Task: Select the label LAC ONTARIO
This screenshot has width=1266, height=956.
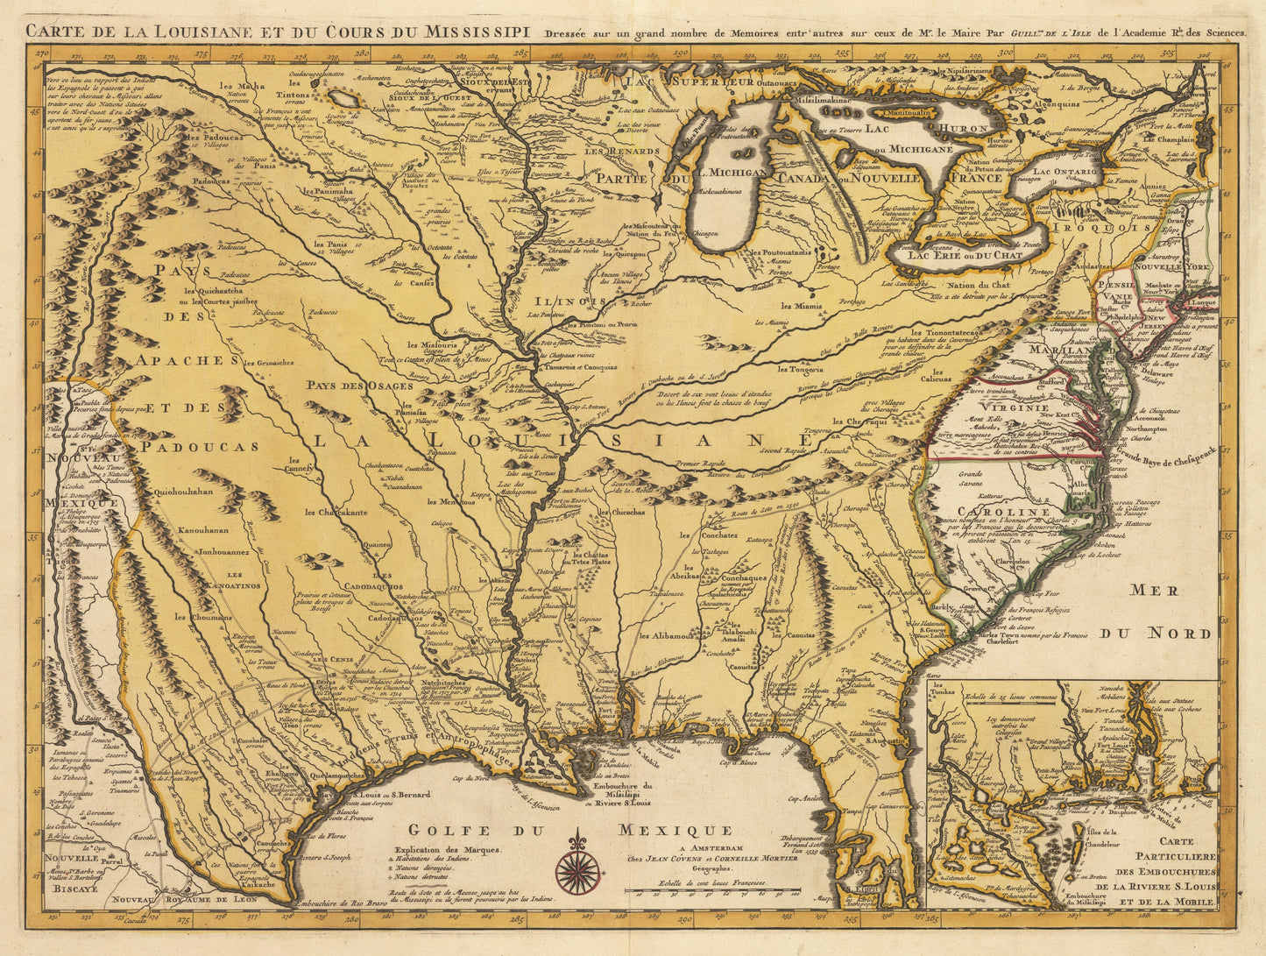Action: [1064, 172]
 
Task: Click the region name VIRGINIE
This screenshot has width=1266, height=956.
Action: [1015, 407]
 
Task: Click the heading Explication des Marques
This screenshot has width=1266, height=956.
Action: [448, 850]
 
